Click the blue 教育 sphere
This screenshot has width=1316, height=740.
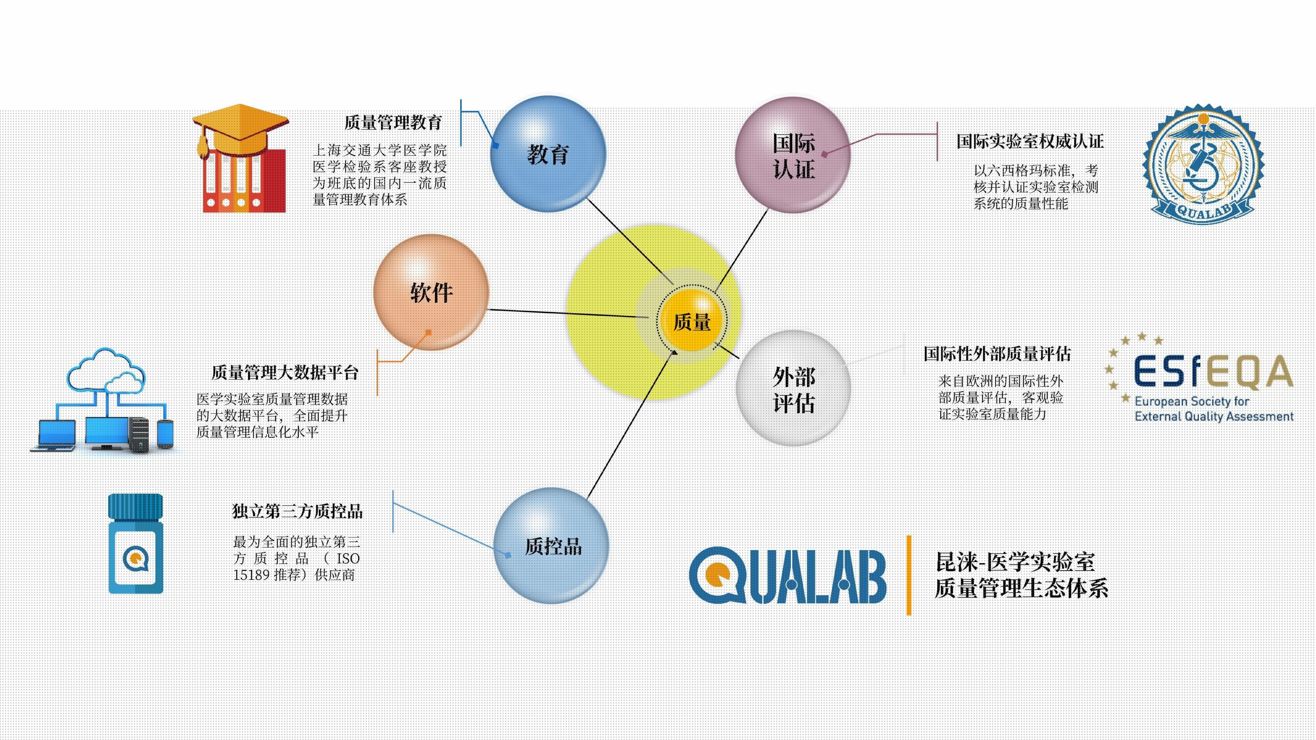pos(548,154)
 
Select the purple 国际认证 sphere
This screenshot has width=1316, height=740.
pos(793,155)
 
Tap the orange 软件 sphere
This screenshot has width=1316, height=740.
pos(431,292)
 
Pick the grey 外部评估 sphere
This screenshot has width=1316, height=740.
pos(793,388)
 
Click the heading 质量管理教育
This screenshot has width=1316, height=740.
pos(393,123)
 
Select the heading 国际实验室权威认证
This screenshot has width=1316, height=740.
pos(1030,141)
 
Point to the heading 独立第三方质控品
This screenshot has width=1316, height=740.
pos(297,511)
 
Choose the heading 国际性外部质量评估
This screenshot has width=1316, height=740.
pos(997,354)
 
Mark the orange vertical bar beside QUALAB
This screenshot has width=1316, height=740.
pos(909,575)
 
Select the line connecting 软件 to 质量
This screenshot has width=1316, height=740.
pos(569,313)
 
